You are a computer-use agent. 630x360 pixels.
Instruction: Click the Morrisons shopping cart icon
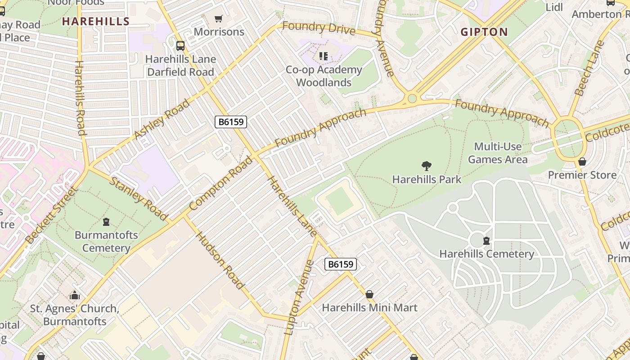pos(219,18)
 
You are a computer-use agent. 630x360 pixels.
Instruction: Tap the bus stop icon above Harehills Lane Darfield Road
pos(180,45)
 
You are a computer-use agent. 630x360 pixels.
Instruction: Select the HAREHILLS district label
pos(96,21)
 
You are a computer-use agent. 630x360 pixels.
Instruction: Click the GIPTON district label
pos(484,32)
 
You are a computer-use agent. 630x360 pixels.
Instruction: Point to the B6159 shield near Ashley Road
pos(231,121)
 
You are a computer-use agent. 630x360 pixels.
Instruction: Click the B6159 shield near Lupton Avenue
pos(341,264)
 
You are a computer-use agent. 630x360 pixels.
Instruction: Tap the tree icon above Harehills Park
pos(426,166)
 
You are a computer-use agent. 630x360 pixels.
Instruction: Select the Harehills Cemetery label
pos(486,254)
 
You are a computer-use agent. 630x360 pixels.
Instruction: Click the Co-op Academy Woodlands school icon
pos(323,56)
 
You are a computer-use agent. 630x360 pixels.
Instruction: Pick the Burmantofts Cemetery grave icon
pos(106,222)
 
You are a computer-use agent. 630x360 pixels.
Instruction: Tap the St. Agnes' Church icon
pos(75,296)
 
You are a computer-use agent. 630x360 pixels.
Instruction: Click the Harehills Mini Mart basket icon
pos(369,294)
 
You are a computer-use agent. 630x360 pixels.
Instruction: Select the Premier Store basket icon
pos(582,162)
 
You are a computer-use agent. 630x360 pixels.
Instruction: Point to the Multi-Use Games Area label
pos(498,153)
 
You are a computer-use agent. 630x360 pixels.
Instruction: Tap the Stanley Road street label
pos(139,198)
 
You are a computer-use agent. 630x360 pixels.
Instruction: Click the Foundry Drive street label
pos(319,28)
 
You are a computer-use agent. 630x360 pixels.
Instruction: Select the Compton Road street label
pos(221,184)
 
